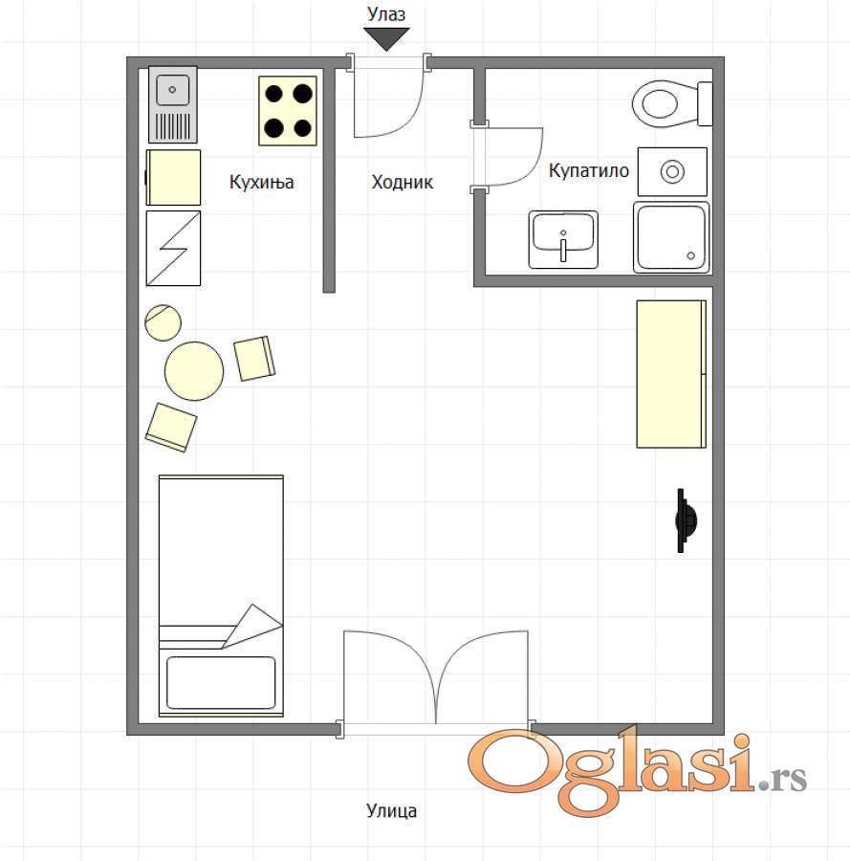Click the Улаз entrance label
386,14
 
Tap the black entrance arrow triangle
386,38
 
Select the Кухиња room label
262,182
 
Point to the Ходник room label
403,182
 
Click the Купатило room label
589,171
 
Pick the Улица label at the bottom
391,810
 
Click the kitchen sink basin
173,90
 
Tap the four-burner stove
288,111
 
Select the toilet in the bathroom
672,103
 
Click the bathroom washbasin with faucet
563,240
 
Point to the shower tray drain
691,255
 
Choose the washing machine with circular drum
672,171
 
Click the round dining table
194,370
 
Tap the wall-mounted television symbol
686,520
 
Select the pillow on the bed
221,683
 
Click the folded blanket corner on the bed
252,626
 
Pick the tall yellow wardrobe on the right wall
671,374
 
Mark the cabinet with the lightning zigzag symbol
173,248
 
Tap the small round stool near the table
163,323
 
